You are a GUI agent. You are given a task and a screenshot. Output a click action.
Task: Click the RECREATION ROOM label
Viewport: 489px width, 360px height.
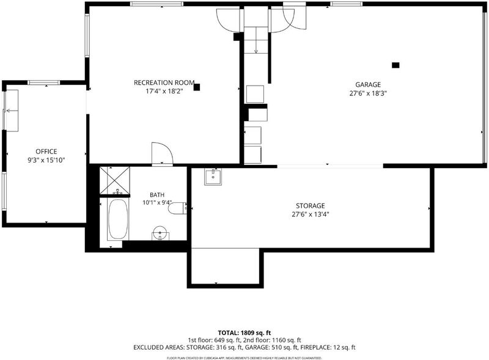pos(164,83)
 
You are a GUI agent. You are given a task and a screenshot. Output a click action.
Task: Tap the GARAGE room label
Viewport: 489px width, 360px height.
pos(368,84)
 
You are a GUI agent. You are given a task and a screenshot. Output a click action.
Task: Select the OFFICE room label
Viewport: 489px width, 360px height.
pos(46,152)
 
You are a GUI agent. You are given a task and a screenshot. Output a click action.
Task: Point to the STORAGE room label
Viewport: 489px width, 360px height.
pos(311,206)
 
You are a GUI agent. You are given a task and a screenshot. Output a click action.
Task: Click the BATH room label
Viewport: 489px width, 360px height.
pos(157,195)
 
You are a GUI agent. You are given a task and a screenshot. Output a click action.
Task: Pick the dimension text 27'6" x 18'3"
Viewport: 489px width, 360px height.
pos(368,94)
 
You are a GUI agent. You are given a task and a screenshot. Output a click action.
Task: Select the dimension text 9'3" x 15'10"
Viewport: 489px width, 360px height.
pos(46,160)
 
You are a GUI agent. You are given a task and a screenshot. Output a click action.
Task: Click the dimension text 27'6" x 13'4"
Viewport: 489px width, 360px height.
pos(311,215)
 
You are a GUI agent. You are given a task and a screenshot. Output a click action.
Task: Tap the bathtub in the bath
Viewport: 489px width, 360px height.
pos(118,219)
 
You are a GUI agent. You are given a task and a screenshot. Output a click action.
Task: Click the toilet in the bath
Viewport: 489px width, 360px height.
pos(177,208)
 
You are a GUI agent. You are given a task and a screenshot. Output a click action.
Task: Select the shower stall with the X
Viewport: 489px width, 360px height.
pos(115,181)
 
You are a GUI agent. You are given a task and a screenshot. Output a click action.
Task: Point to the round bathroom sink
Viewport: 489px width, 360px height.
pos(160,233)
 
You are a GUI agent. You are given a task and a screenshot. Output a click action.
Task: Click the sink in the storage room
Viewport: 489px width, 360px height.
pos(213,177)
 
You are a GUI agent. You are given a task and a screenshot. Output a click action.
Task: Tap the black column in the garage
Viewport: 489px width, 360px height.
pos(395,65)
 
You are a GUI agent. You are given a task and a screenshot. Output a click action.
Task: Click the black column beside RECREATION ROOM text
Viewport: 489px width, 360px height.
pos(196,87)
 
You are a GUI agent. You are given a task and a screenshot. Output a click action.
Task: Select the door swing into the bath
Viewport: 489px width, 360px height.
pos(162,153)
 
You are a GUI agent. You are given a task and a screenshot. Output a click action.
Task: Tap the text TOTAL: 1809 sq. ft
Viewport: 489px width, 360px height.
pos(244,333)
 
